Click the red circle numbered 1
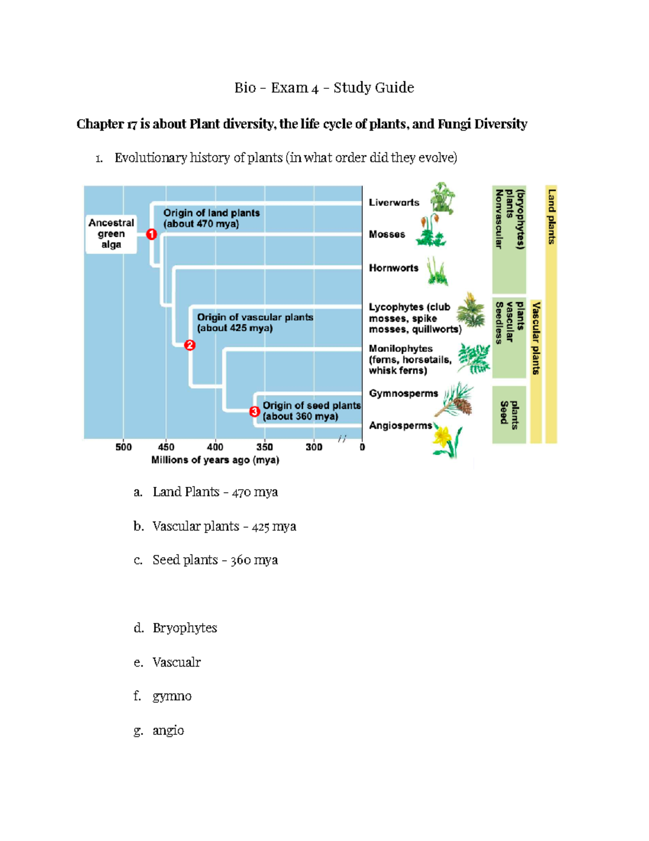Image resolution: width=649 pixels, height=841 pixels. point(151,234)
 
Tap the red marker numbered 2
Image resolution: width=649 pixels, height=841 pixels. point(189,345)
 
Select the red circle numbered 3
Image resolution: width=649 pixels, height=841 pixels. point(255,412)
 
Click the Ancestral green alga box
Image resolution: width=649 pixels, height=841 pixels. point(111,234)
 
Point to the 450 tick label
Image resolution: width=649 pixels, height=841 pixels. point(166,447)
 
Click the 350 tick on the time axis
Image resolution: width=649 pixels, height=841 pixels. point(264,447)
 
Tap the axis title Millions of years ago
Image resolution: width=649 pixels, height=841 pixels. point(215,460)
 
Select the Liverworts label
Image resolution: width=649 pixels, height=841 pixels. point(394,203)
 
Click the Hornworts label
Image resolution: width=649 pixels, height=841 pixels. point(393,268)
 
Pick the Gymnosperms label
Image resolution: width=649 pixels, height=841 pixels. point(403,394)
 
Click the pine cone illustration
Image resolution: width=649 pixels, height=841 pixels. point(462,403)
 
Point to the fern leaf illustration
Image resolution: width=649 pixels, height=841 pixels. point(474,358)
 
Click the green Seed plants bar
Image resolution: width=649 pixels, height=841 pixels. point(508,414)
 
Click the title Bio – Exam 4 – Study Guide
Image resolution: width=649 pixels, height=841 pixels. point(324,88)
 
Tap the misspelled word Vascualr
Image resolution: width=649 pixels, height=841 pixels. point(176,662)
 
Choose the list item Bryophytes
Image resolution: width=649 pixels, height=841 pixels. point(184,628)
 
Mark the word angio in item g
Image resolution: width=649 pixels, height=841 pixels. point(168,731)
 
